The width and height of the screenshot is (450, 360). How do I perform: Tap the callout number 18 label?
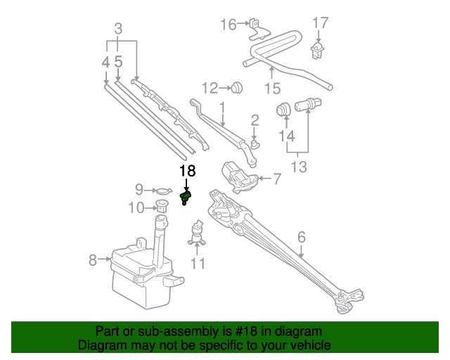pyautogui.click(x=187, y=171)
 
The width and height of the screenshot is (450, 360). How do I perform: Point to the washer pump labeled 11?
pyautogui.click(x=198, y=232)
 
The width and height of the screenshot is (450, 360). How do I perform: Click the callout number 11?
pyautogui.click(x=198, y=264)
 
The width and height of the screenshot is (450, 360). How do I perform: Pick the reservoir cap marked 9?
pyautogui.click(x=162, y=190)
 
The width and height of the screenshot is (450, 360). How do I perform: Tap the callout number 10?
pyautogui.click(x=136, y=207)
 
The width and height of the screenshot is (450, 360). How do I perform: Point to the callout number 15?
pyautogui.click(x=272, y=89)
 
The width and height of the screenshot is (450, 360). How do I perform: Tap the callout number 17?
pyautogui.click(x=320, y=24)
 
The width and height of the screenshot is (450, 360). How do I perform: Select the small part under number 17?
pyautogui.click(x=319, y=49)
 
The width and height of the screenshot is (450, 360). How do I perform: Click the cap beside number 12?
pyautogui.click(x=238, y=88)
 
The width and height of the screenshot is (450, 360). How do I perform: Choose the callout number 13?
pyautogui.click(x=299, y=167)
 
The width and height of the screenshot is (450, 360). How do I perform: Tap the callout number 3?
pyautogui.click(x=118, y=30)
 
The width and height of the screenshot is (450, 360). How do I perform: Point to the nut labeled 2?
pyautogui.click(x=255, y=143)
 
